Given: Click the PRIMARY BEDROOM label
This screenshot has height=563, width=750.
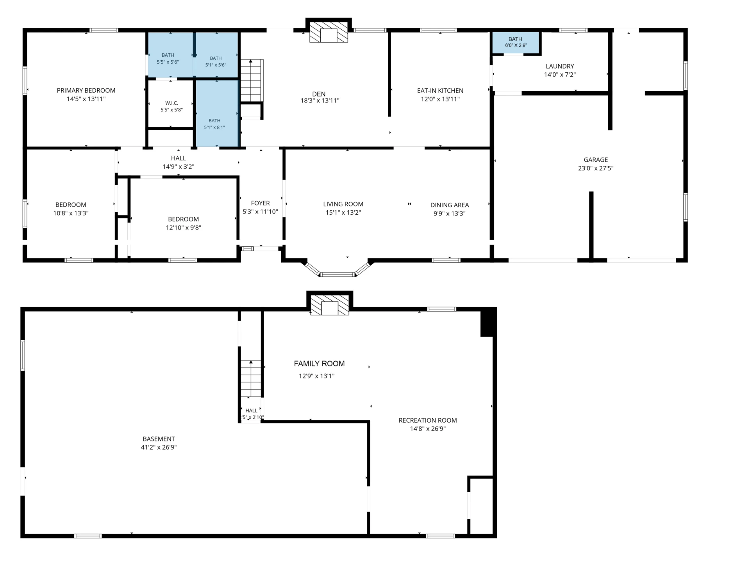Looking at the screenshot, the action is pos(86,90).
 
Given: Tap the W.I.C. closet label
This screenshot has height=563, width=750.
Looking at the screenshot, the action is pos(171,103).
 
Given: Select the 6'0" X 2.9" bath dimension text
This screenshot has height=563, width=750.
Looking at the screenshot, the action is pos(516,45).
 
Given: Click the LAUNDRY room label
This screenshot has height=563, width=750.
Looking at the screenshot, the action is pos(560,66).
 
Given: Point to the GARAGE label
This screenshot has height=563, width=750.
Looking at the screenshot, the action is pos(596,160).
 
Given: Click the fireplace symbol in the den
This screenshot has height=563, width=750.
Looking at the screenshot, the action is pos(329,32).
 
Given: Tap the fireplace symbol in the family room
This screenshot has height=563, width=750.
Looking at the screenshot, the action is pos(329,305).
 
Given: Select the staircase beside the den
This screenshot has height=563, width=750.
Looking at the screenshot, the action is pos(251,81).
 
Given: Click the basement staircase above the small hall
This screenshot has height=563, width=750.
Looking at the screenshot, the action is pos(250,379).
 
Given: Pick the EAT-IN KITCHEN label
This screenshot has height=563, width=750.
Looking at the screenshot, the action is pos(440,91).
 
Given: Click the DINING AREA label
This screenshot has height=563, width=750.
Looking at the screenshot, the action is pos(450,205).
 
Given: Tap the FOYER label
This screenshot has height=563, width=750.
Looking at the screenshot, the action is pos(261,203).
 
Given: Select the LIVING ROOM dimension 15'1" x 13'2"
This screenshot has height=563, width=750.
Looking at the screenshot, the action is pos(343,213).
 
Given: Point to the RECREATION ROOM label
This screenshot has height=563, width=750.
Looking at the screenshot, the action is pos(428,420).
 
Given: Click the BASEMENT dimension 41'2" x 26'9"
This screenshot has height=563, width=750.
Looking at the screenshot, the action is pos(159,447).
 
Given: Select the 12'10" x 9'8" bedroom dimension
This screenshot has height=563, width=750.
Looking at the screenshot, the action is pos(184,228).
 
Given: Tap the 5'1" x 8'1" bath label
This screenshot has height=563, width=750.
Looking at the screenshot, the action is pos(214,127).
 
